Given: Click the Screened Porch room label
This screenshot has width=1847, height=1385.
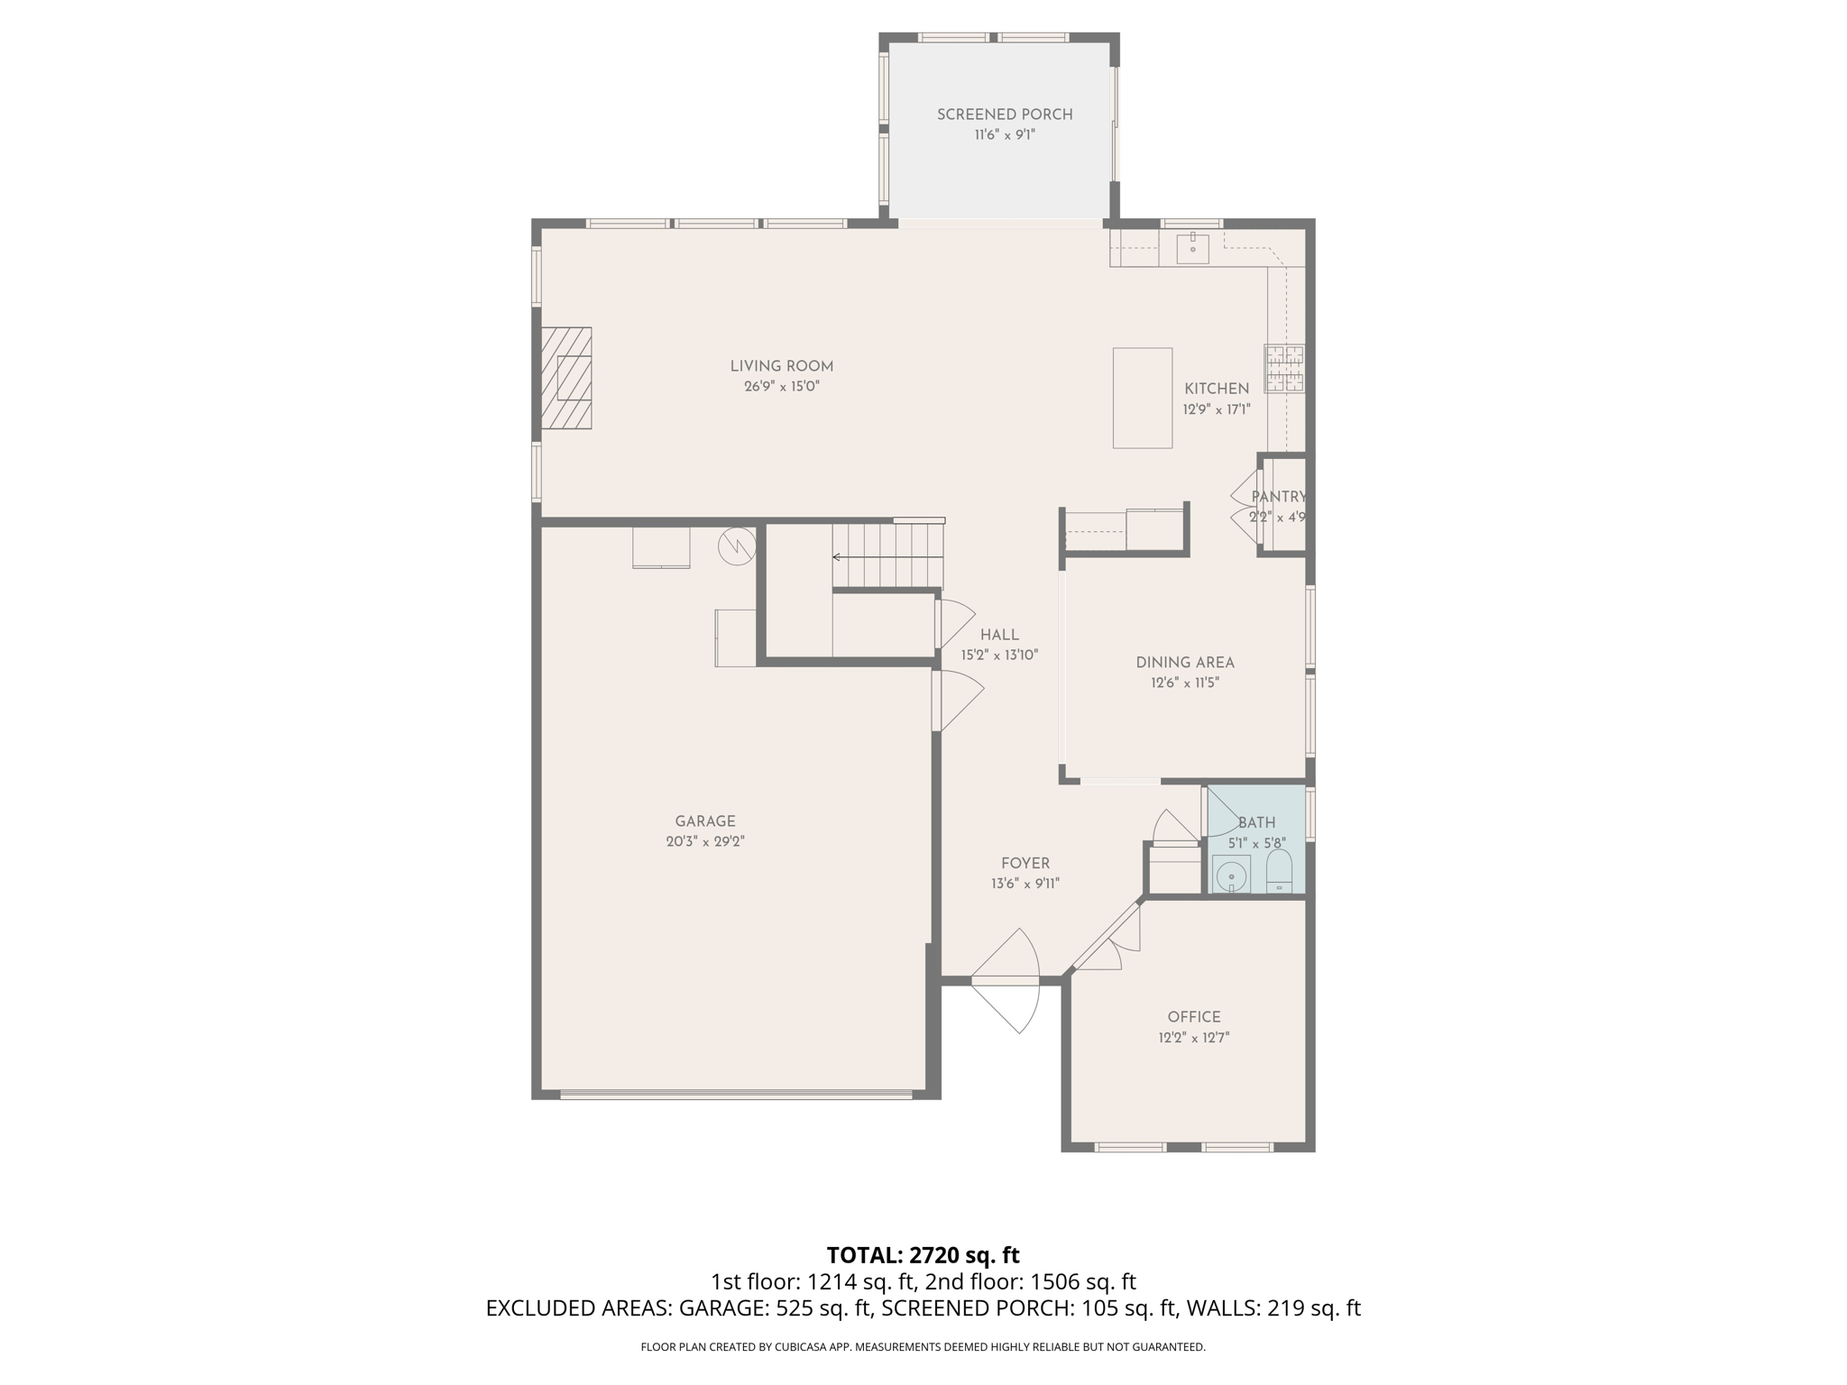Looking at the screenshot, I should [1004, 115].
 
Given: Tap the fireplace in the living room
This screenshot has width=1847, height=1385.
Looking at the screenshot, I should [566, 378].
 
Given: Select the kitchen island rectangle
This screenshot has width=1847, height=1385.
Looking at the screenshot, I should [1142, 398].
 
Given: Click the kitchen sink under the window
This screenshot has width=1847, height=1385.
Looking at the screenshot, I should [1192, 247].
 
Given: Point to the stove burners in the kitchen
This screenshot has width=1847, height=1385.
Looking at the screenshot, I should [1284, 369].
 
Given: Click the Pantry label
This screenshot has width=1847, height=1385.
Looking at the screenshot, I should [1278, 497].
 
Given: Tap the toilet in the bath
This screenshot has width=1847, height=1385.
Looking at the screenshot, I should [1279, 871].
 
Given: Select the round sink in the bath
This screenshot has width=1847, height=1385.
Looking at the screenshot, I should [1231, 876].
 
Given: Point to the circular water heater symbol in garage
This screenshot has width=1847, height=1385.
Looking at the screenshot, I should [737, 546].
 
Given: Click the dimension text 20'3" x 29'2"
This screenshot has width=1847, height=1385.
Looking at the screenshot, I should [705, 842].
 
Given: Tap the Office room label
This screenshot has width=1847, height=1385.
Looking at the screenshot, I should [1194, 1017].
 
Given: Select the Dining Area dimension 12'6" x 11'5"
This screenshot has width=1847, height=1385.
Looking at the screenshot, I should [1184, 683].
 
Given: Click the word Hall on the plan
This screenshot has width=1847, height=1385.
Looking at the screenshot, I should [999, 635].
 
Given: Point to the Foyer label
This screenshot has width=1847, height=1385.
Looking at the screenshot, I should [1025, 864].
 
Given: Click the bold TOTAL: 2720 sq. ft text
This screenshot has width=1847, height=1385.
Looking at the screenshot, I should [923, 1255].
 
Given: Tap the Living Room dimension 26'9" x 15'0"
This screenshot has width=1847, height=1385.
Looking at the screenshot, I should [781, 387].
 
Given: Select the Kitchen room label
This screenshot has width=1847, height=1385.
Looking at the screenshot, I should [1217, 389].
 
